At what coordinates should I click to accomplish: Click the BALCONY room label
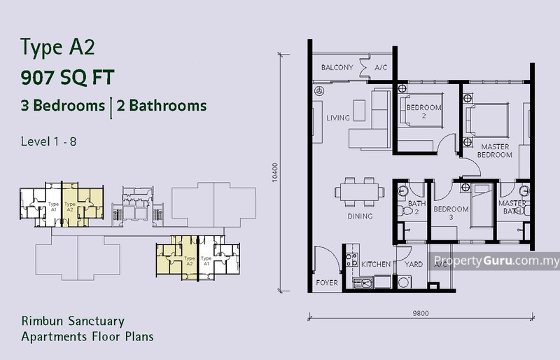pos(336,68)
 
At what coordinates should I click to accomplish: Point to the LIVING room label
pos(337,118)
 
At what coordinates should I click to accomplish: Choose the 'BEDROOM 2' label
pos(424,111)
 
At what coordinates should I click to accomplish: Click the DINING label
pos(360,216)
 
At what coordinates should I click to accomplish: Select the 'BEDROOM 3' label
pos(450,213)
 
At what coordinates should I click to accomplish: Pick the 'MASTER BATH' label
pos(512,207)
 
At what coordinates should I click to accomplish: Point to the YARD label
pos(413,265)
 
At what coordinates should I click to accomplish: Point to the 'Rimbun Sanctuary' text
pos(72,321)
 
